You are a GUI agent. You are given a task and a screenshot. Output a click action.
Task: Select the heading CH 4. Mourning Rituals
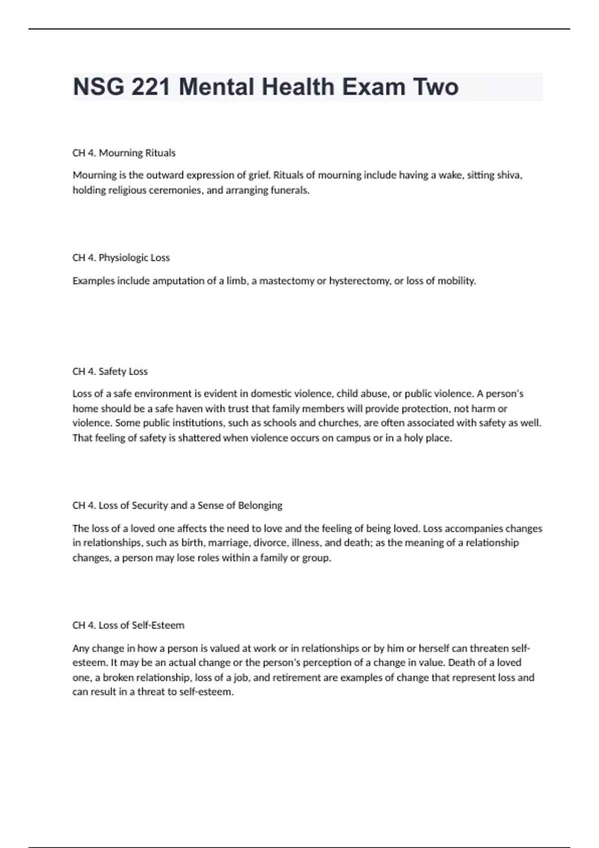click(x=124, y=153)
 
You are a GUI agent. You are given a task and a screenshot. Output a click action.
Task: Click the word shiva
click(x=509, y=175)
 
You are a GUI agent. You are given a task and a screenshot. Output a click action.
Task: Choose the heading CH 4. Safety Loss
click(x=110, y=372)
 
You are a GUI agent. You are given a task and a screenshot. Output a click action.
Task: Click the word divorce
click(x=270, y=543)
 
